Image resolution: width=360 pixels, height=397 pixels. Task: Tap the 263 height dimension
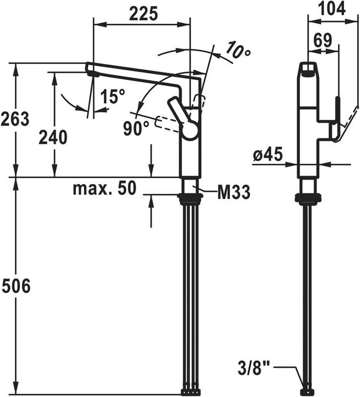coord(15,119)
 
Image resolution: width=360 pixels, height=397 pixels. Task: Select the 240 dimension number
coord(53,137)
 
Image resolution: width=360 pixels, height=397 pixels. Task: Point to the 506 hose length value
coord(15,286)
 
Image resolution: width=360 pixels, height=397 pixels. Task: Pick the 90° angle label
coord(136,128)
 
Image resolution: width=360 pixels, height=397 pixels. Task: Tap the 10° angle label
coord(238,51)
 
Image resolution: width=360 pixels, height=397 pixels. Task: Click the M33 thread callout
coord(234,192)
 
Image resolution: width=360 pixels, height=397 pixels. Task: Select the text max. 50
coord(105,188)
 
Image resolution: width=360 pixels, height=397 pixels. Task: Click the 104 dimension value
coord(331,9)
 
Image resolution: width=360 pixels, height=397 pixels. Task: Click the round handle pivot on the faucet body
coord(190,130)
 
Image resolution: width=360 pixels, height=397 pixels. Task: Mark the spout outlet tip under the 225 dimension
coord(93,74)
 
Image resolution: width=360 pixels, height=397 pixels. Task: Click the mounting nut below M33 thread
coord(190,198)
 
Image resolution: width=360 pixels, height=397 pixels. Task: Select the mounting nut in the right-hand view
coord(308,198)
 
